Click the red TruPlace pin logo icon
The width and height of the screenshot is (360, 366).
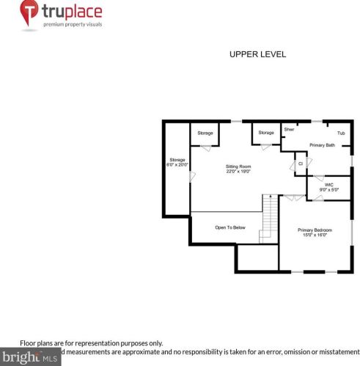[x=29, y=14]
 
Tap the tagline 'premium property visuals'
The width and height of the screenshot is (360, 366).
[x=72, y=24]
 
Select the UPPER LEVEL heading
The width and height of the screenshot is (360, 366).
[x=257, y=54]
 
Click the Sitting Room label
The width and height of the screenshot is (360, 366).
[x=238, y=166]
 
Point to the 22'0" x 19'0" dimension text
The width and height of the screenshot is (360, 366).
[x=238, y=172]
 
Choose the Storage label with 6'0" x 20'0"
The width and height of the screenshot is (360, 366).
[x=177, y=159]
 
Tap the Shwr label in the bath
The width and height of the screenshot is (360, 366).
[x=289, y=128]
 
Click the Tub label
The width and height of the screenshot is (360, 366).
[x=341, y=133]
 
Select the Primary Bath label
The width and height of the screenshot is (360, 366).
[x=322, y=145]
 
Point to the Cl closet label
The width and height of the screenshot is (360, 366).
[x=301, y=163]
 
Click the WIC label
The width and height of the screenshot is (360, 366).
[x=329, y=185]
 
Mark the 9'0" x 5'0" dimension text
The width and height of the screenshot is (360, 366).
[x=329, y=190]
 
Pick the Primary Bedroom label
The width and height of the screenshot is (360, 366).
[x=314, y=230]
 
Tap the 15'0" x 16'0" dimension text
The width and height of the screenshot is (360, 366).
[x=314, y=235]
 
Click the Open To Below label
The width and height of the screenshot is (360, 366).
[x=229, y=227]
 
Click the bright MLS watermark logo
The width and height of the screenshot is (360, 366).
[x=29, y=357]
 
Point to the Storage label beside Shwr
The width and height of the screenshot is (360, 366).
[x=266, y=133]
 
